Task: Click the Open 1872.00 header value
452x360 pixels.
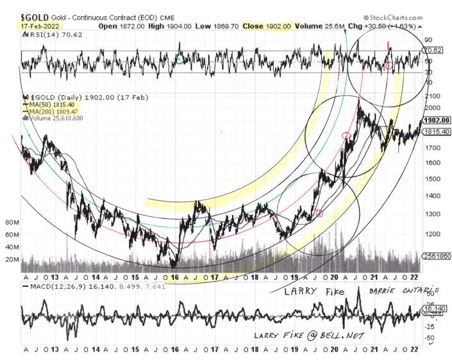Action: tap(124, 27)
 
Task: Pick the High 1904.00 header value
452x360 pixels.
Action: tap(175, 27)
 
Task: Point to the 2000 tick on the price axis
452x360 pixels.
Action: tap(431, 107)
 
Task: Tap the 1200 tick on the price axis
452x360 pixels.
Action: tap(431, 234)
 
